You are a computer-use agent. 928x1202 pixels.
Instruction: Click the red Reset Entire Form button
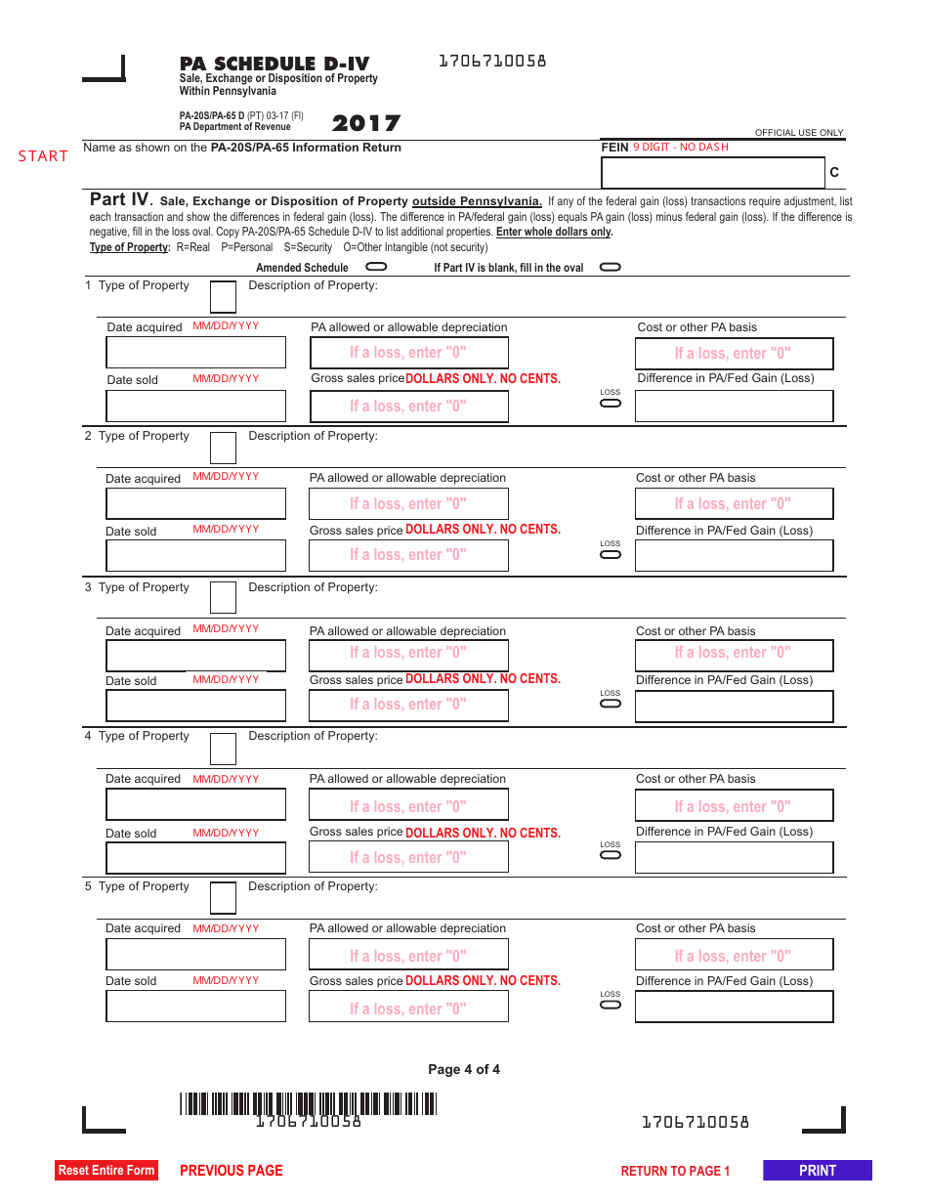(106, 1170)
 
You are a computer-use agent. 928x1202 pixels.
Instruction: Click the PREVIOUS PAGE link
(232, 1171)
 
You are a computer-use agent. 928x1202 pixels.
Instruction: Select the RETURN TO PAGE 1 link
(675, 1171)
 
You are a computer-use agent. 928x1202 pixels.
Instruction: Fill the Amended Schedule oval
(376, 266)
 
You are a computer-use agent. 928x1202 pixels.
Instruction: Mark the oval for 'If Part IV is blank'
(610, 267)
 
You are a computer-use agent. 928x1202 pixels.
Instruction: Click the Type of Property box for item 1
(223, 296)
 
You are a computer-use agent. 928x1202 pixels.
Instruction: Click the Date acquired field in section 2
(195, 503)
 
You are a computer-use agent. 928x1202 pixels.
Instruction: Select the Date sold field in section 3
(195, 706)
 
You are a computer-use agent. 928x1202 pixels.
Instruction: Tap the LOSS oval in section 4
(611, 854)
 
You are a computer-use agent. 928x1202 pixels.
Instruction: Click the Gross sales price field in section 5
(408, 1007)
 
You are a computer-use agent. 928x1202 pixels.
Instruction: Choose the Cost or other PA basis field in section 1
(734, 354)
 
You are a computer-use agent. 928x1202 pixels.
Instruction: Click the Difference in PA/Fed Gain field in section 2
(734, 555)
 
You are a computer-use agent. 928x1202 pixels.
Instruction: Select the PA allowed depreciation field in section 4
(408, 805)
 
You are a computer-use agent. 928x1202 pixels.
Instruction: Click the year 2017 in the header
(366, 124)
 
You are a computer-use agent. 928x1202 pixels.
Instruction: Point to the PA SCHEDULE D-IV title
(274, 64)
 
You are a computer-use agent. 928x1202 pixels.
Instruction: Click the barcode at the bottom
(308, 1103)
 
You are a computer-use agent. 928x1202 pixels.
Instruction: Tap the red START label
(43, 156)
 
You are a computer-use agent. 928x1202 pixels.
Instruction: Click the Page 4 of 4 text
(464, 1069)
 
